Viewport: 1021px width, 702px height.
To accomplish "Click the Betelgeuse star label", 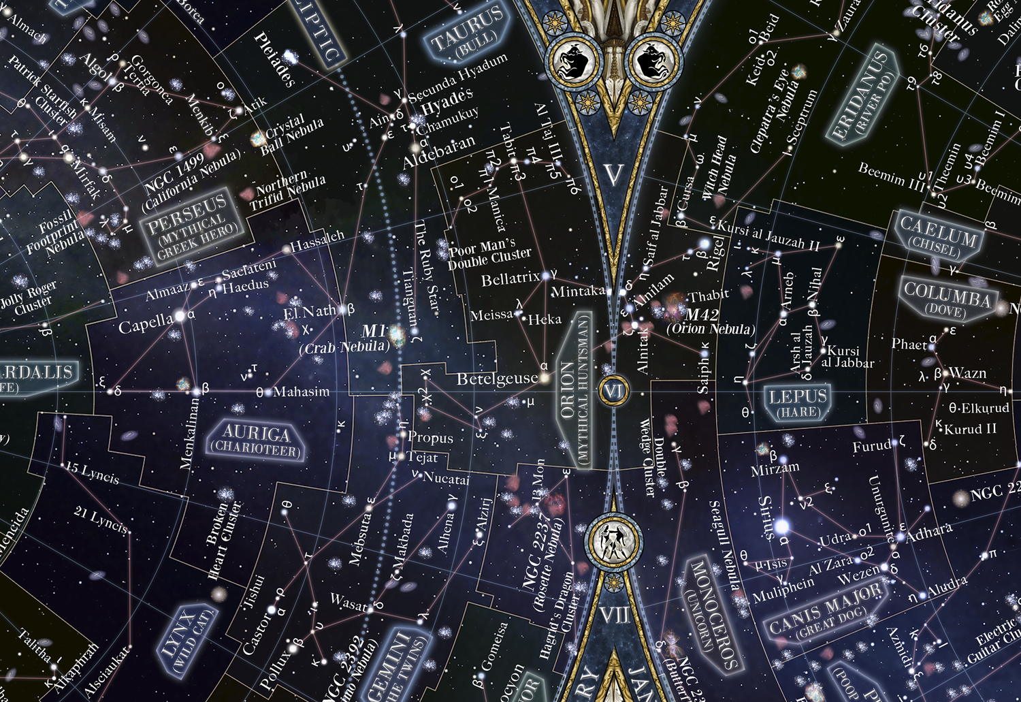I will coord(497,379).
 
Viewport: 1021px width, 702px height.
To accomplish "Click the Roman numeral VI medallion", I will coord(613,392).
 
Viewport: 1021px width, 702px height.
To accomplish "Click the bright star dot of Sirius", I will coord(782,526).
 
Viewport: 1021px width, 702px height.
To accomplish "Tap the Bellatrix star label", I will coord(510,279).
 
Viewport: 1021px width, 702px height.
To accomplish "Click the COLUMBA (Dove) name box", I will coord(947,299).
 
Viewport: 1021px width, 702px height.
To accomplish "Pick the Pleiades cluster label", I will coord(274,60).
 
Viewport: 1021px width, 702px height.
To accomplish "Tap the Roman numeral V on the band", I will coord(613,175).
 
